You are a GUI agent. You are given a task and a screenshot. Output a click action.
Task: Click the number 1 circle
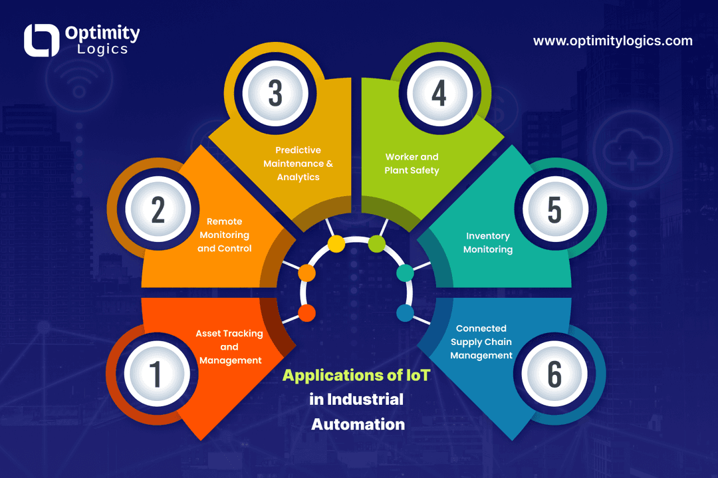157,374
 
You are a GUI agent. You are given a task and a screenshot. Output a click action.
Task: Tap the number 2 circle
158,209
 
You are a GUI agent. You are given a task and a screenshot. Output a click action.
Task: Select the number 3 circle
275,93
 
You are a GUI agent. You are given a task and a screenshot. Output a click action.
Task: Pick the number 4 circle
439,93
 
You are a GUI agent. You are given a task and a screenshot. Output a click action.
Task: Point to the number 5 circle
555,209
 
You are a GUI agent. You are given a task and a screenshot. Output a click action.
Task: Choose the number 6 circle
554,374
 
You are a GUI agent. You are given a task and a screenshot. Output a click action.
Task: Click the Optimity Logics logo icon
42,41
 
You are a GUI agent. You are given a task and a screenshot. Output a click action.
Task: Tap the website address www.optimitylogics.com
613,41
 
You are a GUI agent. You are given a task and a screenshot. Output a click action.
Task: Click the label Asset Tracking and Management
229,346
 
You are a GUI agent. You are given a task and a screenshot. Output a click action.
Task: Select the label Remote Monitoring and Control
225,235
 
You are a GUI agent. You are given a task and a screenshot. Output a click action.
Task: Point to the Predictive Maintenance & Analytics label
298,164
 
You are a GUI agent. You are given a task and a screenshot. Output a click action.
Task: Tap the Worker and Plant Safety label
412,164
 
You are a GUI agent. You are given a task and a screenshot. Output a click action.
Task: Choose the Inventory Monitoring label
488,243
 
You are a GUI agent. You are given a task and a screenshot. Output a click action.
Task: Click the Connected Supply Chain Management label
481,342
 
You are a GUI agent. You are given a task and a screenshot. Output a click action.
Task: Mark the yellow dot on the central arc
336,243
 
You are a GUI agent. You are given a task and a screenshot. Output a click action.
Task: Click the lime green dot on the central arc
376,243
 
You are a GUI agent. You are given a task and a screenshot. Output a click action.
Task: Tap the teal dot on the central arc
405,273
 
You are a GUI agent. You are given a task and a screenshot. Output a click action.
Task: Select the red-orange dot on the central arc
306,313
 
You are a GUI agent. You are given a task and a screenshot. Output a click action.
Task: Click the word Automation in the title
358,424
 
